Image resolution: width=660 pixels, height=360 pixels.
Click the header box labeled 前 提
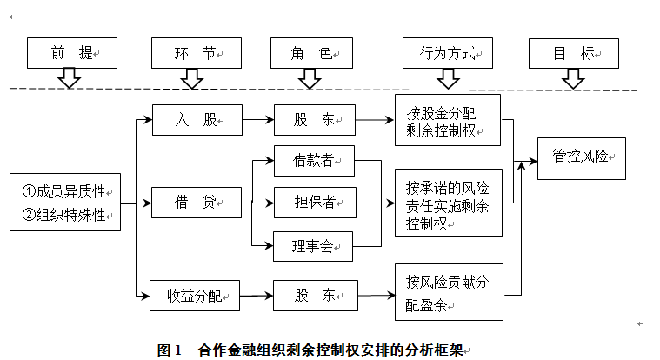72,53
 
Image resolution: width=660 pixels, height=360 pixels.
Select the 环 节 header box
197,53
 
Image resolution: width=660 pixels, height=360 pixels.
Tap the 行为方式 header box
448,53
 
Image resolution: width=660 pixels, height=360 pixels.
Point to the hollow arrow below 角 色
310,78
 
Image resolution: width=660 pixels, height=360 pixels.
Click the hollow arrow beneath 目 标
573,78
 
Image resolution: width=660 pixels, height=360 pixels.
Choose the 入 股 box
197,120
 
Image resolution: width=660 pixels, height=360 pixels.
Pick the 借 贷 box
197,203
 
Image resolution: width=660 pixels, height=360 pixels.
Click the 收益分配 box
195,296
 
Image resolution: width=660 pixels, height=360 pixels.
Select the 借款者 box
315,161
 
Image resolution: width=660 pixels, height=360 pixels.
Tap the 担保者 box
316,203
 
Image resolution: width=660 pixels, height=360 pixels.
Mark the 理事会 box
313,246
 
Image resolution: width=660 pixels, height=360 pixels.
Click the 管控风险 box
582,159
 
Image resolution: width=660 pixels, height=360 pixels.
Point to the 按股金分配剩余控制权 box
448,120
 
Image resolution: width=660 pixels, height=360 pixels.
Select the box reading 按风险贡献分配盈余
449,292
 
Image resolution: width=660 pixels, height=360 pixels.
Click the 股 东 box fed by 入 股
315,120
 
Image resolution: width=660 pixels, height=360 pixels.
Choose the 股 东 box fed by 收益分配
316,296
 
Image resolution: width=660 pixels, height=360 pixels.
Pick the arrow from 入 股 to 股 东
258,120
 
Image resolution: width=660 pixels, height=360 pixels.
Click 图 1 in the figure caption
169,350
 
